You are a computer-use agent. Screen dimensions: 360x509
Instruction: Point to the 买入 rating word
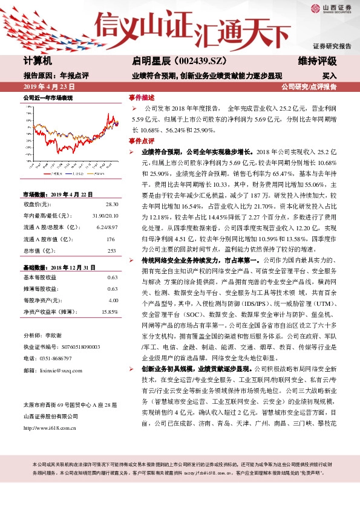pyautogui.click(x=329, y=77)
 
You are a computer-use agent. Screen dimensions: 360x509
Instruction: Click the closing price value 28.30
pyautogui.click(x=112, y=205)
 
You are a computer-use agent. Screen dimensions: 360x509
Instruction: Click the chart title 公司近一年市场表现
pyautogui.click(x=47, y=97)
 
